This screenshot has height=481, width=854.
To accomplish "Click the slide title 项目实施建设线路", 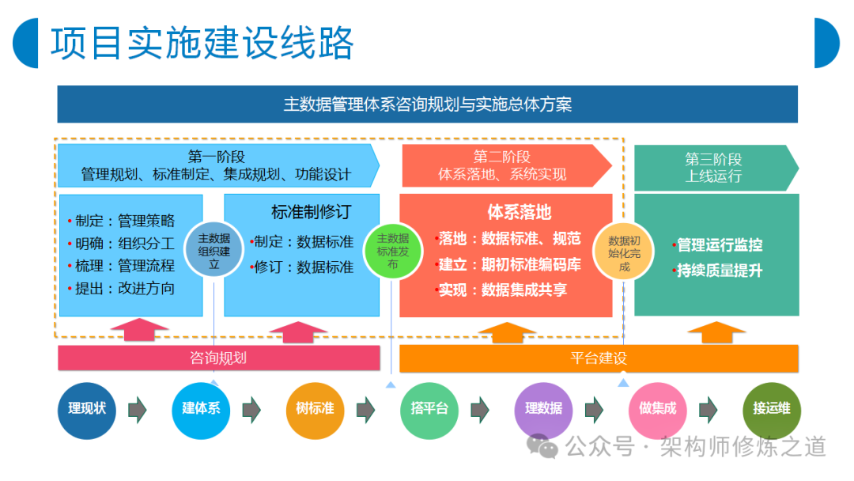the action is [202, 43].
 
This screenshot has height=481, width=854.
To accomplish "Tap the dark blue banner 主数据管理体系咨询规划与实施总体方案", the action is [428, 104].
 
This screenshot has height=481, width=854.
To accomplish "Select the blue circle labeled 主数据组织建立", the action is [214, 251].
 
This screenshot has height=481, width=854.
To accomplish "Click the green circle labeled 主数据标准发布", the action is [393, 251].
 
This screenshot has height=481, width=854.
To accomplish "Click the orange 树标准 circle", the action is [316, 411].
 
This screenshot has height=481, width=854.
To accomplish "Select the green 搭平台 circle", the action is [429, 411].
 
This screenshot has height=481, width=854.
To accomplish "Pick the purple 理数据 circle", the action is [543, 411].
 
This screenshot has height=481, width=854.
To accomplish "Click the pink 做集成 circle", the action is [657, 411].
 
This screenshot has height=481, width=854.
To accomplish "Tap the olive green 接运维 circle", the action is [772, 411].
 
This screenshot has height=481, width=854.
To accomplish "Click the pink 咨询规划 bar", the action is [219, 358].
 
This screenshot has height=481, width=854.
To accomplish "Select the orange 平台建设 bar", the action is [599, 358].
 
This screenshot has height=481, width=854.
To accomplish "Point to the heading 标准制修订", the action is [312, 212].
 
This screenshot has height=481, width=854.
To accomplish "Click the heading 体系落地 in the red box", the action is [520, 212].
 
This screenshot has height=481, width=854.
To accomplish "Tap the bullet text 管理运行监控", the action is [720, 245].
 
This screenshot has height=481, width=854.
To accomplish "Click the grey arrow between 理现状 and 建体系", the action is [138, 410].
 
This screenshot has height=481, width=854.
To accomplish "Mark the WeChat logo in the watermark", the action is [542, 446].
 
